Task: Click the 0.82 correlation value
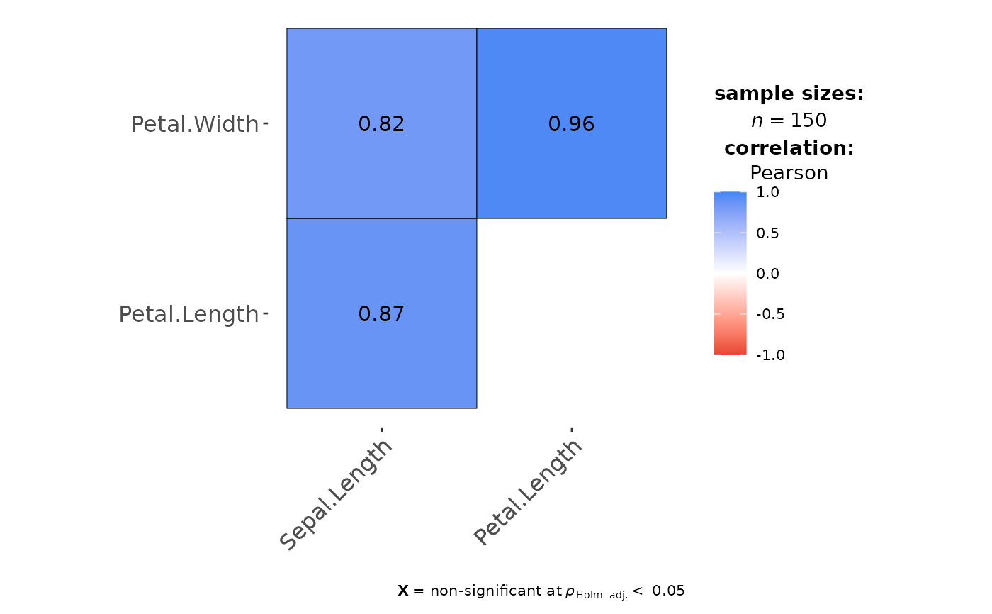pos(381,124)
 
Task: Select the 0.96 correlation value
pos(571,124)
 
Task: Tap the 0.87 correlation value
pos(381,313)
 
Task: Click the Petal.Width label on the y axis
pos(195,124)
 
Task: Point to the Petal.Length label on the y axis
pos(188,313)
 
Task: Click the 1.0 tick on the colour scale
pos(768,192)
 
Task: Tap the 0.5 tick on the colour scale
pos(768,233)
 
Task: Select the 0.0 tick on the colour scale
pos(768,274)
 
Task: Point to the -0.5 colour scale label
pos(770,314)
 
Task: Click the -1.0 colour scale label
pos(770,355)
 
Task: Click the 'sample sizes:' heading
pos(789,94)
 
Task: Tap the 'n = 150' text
pos(789,121)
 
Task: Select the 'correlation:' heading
pos(789,148)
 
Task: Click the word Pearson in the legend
pos(789,173)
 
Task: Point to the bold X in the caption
pos(403,591)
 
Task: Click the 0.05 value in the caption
pos(668,591)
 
